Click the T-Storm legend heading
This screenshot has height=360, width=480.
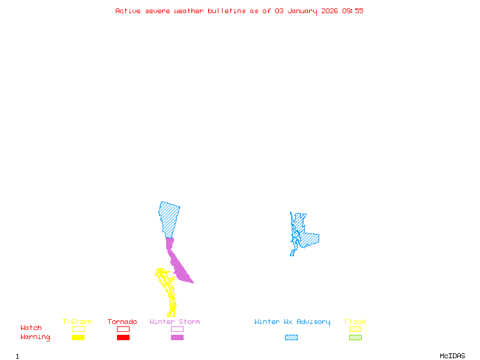pyautogui.click(x=77, y=322)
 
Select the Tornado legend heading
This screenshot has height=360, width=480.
pyautogui.click(x=122, y=322)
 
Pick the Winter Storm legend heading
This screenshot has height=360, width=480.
pyautogui.click(x=175, y=322)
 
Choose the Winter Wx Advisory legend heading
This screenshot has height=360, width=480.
pyautogui.click(x=292, y=322)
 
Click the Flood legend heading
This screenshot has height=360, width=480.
pyautogui.click(x=355, y=322)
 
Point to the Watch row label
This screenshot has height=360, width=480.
pyautogui.click(x=31, y=328)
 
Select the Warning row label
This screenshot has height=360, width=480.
pyautogui.click(x=35, y=337)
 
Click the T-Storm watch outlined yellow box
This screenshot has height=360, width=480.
pyautogui.click(x=78, y=329)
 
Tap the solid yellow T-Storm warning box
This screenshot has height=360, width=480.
pyautogui.click(x=78, y=337)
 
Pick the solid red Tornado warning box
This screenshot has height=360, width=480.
pyautogui.click(x=123, y=337)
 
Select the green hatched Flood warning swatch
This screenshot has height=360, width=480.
pyautogui.click(x=355, y=337)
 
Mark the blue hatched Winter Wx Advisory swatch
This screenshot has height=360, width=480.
pyautogui.click(x=291, y=337)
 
